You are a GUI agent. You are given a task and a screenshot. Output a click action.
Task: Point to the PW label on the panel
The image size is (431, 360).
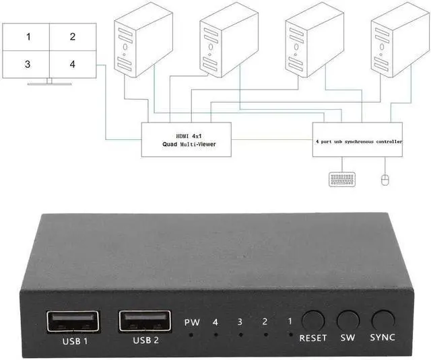tap(192, 322)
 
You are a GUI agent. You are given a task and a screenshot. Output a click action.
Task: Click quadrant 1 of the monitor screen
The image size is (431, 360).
tap(28, 36)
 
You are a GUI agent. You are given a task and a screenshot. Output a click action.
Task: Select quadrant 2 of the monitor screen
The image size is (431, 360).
tap(72, 36)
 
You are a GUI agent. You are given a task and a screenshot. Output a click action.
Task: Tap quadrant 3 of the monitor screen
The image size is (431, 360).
tap(28, 65)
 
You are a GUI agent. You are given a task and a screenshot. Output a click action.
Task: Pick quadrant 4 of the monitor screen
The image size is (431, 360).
tap(72, 65)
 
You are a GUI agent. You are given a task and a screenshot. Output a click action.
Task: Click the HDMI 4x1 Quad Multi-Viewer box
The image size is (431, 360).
tap(185, 139)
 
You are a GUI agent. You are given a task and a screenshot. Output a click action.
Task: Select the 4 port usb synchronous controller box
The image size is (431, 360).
tap(358, 140)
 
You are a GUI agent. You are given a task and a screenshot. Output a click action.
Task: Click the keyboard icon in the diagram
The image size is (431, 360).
tap(342, 180)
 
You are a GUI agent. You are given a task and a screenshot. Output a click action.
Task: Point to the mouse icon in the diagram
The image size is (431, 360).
tap(385, 180)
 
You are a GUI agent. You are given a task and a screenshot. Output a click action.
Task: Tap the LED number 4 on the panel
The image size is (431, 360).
tap(215, 322)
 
